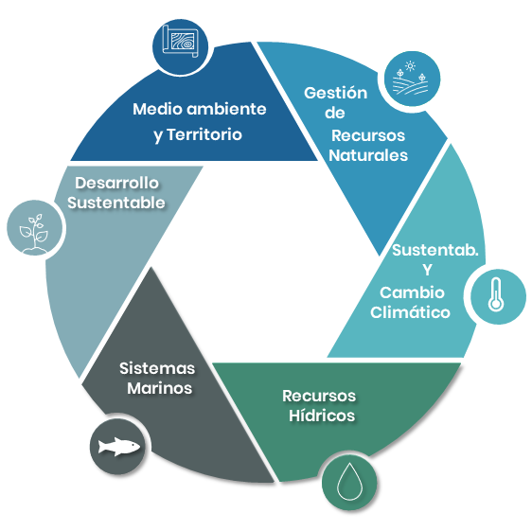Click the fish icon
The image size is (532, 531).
tap(118, 446)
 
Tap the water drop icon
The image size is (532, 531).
tap(349, 481)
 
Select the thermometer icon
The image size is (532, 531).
tap(496, 294)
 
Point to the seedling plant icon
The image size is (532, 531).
tap(33, 233)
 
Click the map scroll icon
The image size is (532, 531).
tap(180, 41)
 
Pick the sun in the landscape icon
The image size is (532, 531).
tap(411, 66)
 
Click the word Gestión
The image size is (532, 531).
tap(335, 93)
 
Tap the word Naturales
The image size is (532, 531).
tap(368, 155)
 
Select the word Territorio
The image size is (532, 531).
tap(204, 134)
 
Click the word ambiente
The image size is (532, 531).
tap(226, 109)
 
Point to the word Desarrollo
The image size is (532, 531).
tap(116, 183)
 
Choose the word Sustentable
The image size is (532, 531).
tap(116, 203)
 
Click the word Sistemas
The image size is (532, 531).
tap(157, 368)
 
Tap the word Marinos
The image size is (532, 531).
tap(159, 388)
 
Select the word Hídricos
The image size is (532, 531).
tap(322, 416)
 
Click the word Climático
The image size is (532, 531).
tap(410, 312)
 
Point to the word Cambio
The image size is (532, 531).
tap(412, 292)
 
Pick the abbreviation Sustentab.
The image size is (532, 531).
tap(435, 250)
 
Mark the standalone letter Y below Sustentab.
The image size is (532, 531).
tap(427, 270)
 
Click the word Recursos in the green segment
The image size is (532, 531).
tap(319, 396)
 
